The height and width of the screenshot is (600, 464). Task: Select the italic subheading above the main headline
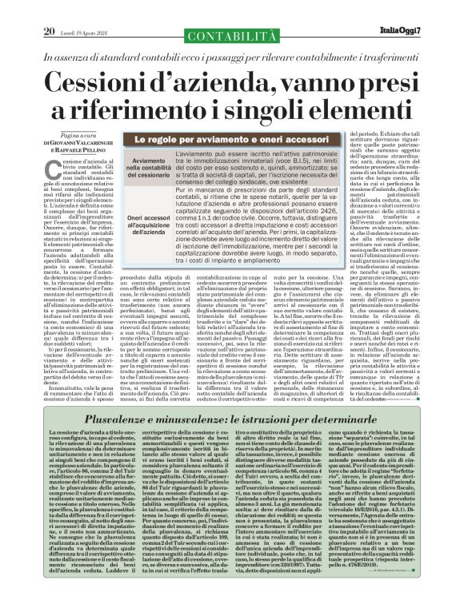pyautogui.click(x=231, y=37)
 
